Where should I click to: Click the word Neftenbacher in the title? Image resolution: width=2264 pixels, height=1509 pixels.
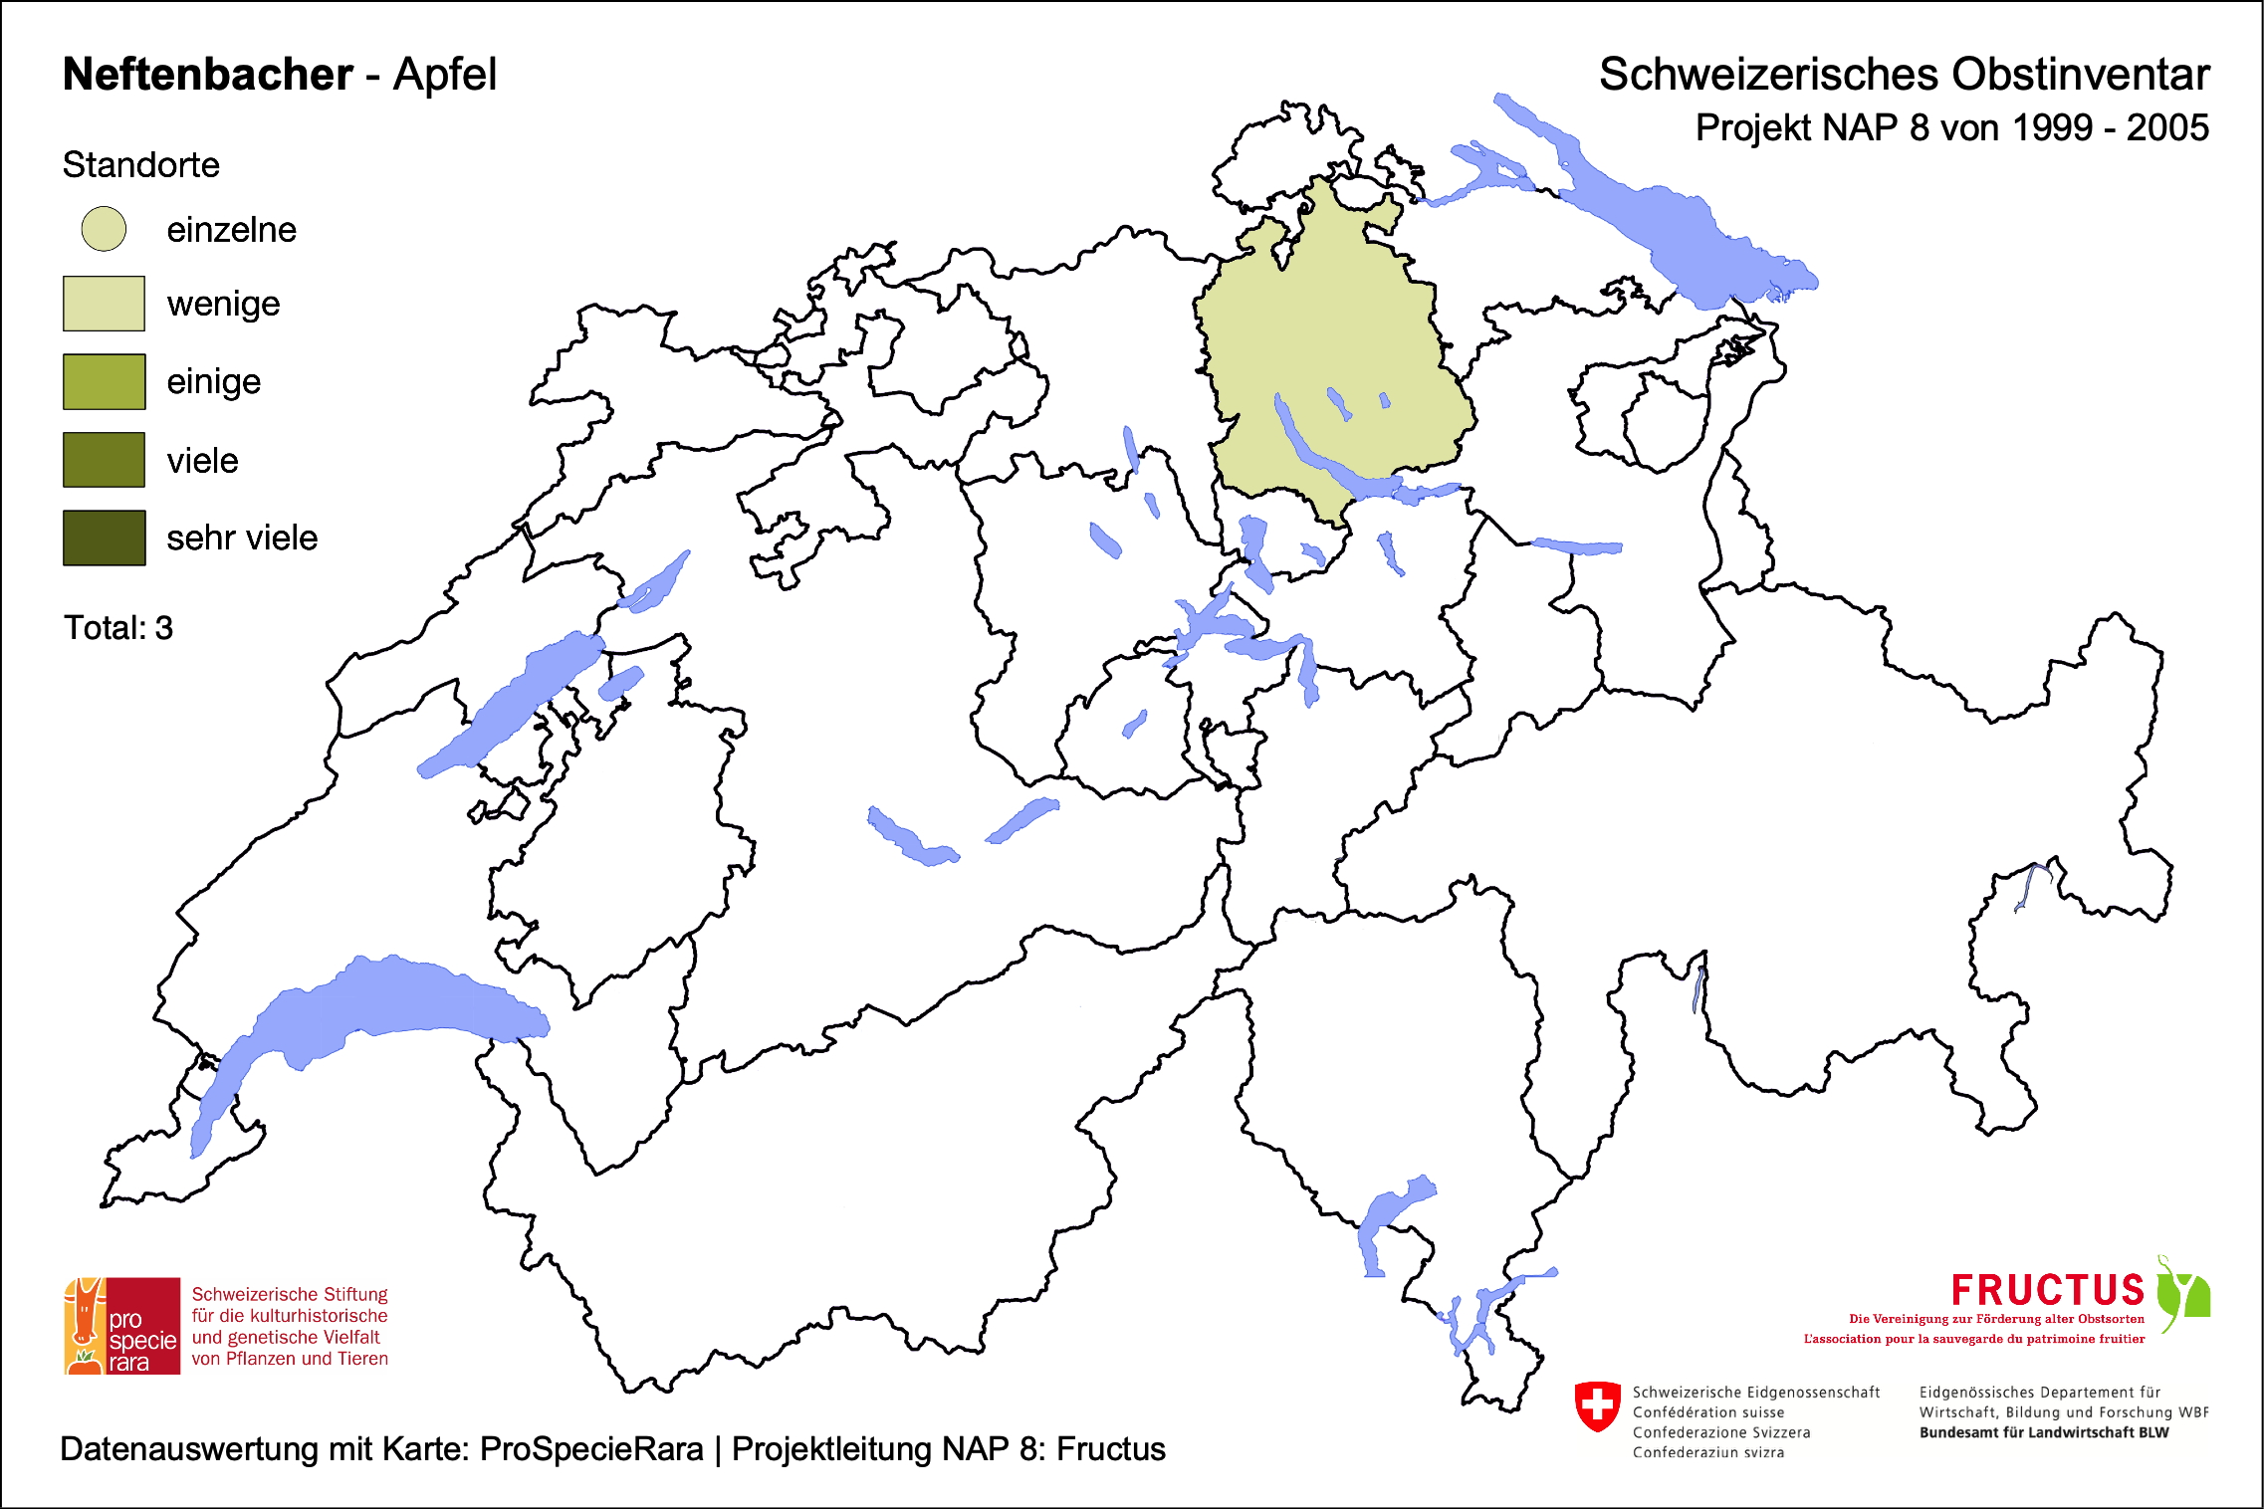tap(207, 75)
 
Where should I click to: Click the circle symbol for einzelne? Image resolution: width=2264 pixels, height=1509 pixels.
tap(104, 229)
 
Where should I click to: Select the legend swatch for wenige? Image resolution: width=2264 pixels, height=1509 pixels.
tap(104, 304)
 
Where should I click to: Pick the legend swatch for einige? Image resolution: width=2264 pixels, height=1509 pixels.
tap(104, 381)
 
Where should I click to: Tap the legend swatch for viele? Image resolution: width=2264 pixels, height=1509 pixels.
tap(104, 460)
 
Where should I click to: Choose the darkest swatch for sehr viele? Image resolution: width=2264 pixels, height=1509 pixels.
tap(104, 538)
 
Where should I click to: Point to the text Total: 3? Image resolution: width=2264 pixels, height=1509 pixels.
tap(118, 628)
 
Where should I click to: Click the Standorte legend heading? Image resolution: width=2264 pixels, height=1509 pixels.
tap(140, 165)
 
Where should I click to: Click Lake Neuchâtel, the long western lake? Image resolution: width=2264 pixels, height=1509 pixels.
tap(508, 707)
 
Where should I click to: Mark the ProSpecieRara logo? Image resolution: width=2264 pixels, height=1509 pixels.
tap(122, 1326)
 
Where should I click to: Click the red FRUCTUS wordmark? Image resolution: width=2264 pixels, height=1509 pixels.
tap(2047, 1290)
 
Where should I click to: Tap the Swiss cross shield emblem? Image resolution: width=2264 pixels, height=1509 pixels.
tap(1598, 1406)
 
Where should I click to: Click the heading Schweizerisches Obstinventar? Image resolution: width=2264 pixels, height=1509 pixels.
tap(1904, 75)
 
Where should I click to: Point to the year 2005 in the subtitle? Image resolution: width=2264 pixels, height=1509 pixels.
tap(2167, 128)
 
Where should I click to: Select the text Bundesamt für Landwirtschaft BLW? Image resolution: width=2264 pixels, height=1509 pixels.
tap(2043, 1432)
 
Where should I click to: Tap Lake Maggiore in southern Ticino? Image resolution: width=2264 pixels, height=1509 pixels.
tap(1389, 1219)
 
